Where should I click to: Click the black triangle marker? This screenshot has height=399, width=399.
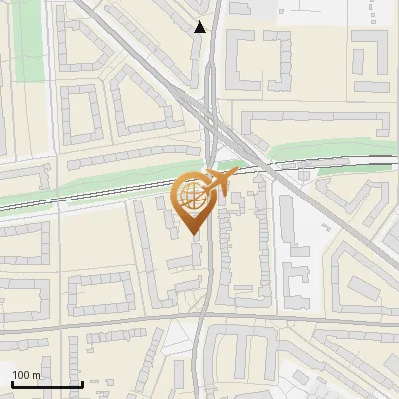tap(201, 27)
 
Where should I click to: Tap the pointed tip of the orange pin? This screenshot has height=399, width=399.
tap(194, 234)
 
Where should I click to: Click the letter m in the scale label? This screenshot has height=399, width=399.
tap(37, 376)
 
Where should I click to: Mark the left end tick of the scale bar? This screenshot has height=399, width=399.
tap(12, 384)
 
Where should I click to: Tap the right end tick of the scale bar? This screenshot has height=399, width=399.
tap(81, 384)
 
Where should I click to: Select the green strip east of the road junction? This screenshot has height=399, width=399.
tap(329, 153)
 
